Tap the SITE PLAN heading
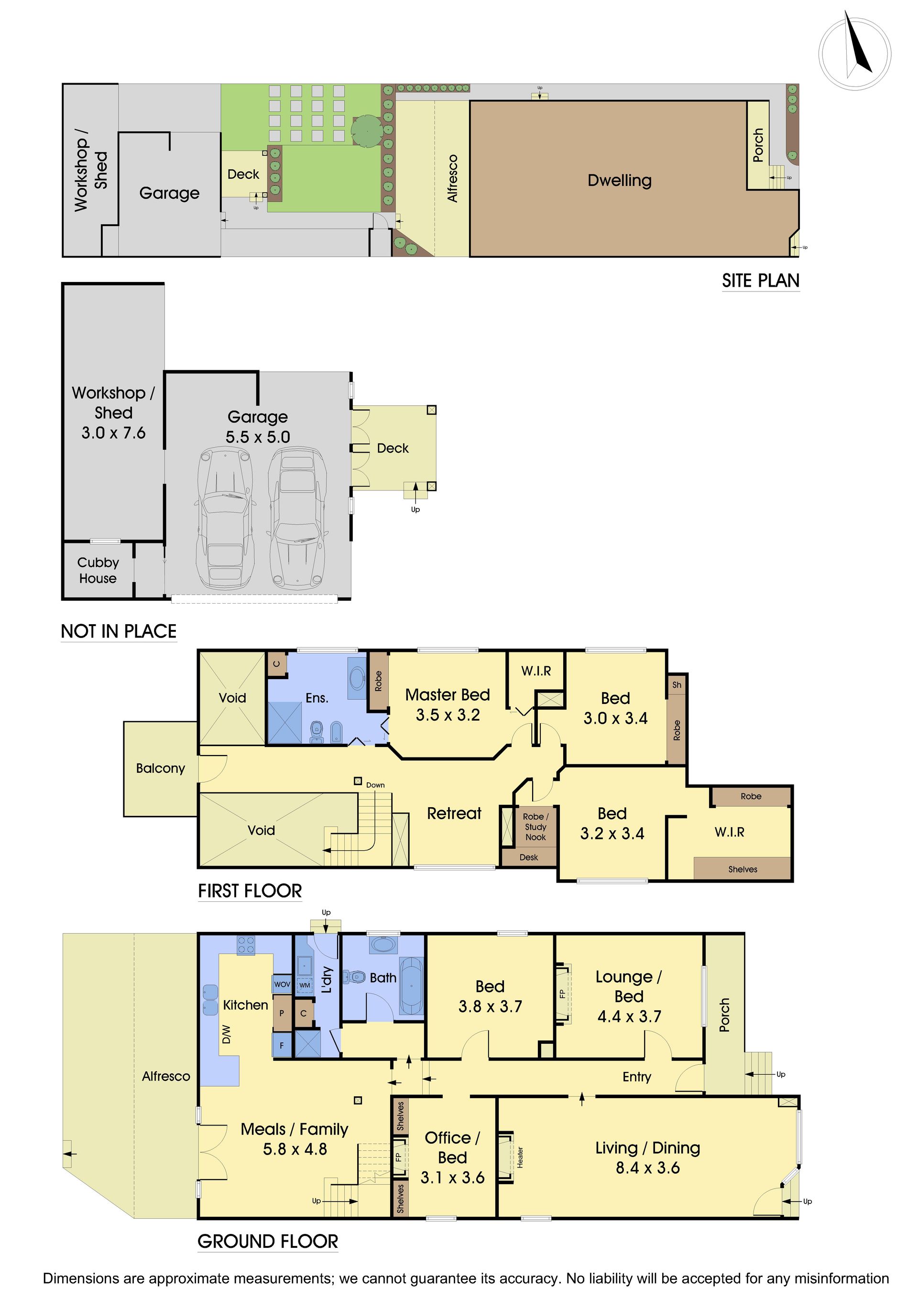click(x=760, y=281)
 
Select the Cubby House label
click(x=98, y=571)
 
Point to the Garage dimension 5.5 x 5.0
click(x=258, y=437)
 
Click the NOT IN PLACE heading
click(x=119, y=631)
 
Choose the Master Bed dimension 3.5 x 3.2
click(x=448, y=715)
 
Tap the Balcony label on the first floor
click(x=161, y=768)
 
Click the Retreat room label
click(x=454, y=813)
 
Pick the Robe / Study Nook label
click(x=535, y=826)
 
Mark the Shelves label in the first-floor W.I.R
click(x=743, y=869)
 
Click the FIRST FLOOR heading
click(x=250, y=891)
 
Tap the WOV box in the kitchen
click(x=282, y=984)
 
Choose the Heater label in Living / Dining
click(x=520, y=1158)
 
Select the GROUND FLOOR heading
click(x=268, y=1242)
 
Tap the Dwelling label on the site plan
click(x=619, y=180)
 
